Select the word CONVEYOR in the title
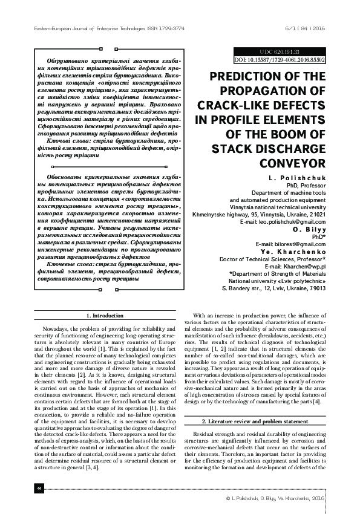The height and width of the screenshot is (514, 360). (x=293, y=163)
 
